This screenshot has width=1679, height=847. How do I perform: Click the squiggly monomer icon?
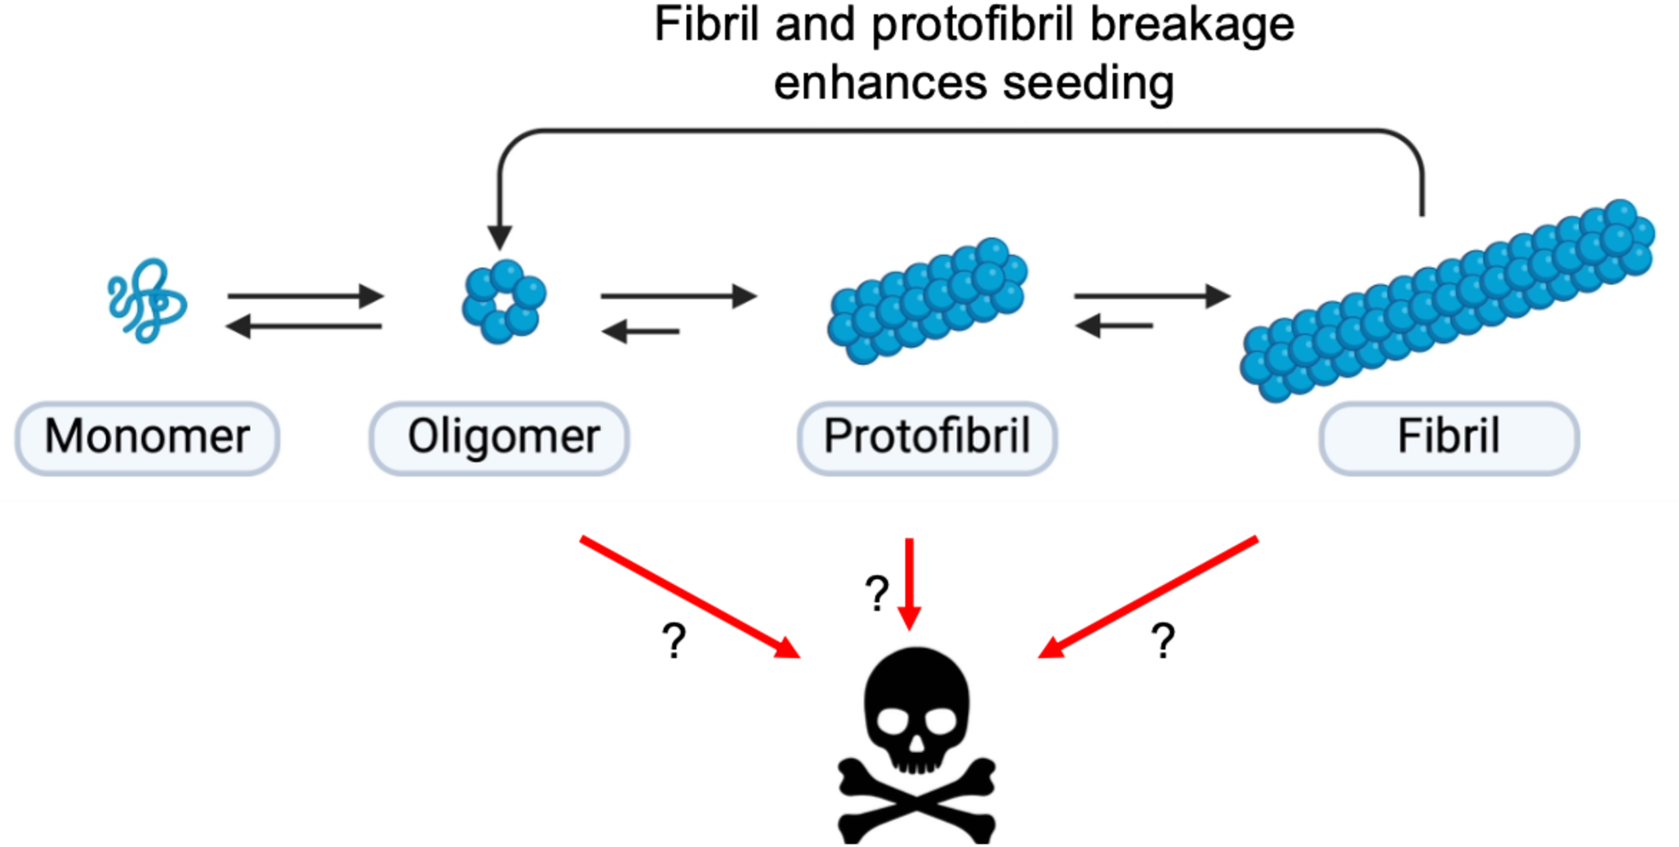(147, 301)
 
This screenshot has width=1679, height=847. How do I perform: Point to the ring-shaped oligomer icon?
(503, 301)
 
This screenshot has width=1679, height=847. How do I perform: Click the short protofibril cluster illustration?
(927, 301)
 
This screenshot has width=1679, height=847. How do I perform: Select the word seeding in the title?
(1088, 83)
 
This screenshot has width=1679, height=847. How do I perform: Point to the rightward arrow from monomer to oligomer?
(305, 296)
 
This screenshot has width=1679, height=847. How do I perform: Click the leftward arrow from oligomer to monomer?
(304, 326)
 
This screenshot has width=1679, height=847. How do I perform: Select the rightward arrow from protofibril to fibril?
(1151, 296)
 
